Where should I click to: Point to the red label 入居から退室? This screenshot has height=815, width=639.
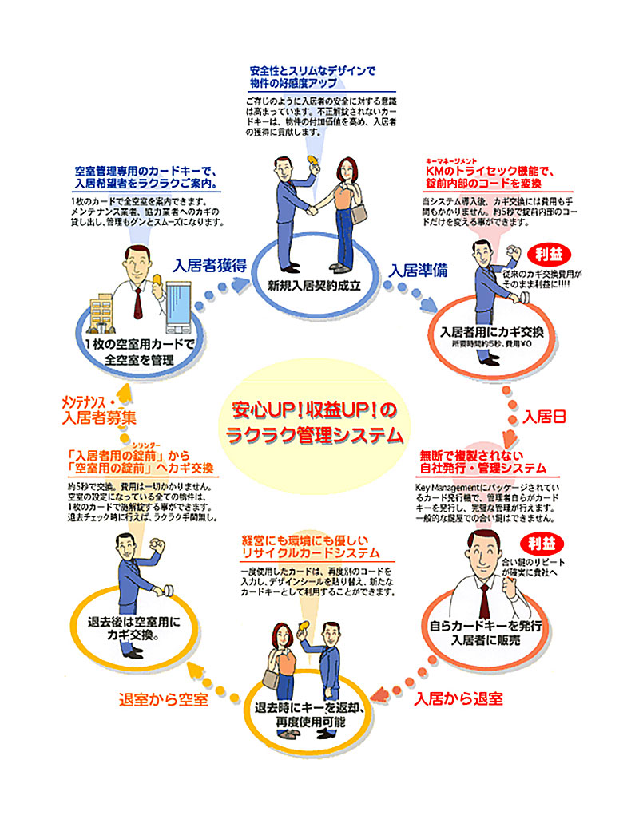coord(458,699)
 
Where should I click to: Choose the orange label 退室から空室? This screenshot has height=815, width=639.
coord(163,700)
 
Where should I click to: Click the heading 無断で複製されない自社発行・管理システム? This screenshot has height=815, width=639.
coord(483,462)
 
